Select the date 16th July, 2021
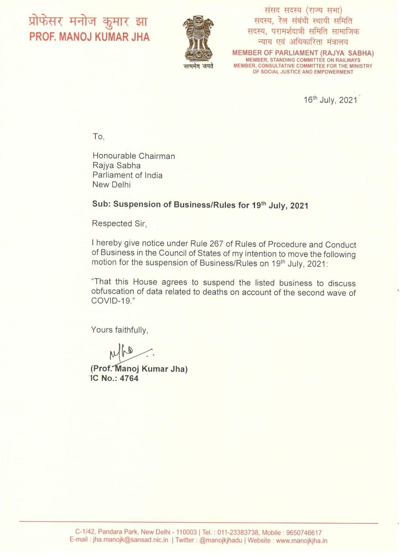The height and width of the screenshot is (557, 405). (x=330, y=100)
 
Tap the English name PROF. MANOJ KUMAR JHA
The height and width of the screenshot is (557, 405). (x=89, y=37)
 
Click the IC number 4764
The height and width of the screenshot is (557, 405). (x=129, y=379)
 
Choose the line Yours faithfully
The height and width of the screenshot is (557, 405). (x=119, y=330)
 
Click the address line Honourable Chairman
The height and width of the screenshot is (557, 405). (x=133, y=156)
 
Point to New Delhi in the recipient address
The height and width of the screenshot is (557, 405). (x=111, y=184)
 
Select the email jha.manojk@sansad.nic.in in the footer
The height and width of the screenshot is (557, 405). (x=130, y=540)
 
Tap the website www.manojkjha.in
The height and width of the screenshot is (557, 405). (x=301, y=540)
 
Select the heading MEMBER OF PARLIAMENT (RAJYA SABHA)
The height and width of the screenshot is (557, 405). (x=303, y=53)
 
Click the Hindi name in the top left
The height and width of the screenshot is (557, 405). (x=88, y=21)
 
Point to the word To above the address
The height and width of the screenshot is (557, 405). (x=98, y=137)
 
